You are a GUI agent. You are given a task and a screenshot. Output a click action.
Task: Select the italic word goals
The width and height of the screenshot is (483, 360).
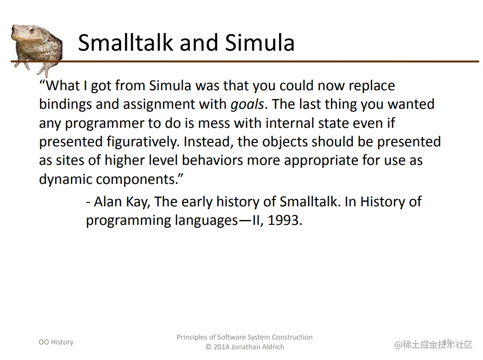[x=247, y=104]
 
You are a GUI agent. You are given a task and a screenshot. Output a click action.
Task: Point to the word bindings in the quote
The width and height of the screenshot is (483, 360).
[x=65, y=104]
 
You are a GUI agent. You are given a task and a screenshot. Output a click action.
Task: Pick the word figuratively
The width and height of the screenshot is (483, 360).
[x=142, y=142]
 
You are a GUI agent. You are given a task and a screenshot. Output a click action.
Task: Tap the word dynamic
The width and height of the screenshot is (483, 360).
[x=65, y=179]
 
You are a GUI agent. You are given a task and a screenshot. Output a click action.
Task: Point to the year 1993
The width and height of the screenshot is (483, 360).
[x=283, y=220]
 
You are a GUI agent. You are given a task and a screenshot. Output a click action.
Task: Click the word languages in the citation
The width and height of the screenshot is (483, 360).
[x=206, y=221]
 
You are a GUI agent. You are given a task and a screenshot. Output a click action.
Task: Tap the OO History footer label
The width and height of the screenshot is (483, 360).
[x=56, y=342]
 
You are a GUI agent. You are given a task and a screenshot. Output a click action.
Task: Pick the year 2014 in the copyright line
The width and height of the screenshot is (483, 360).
[x=221, y=347]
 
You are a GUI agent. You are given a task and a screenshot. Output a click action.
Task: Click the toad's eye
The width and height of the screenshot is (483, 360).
[x=31, y=30]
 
